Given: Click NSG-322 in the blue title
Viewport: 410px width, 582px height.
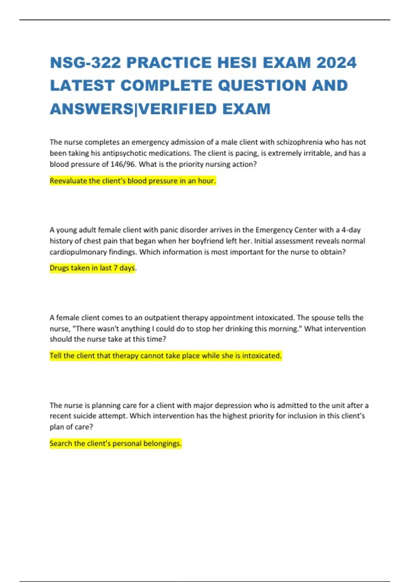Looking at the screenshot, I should pos(84,63).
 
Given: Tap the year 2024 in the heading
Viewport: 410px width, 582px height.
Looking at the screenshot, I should pos(336,63).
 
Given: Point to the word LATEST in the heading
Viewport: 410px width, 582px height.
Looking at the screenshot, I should pos(82,86).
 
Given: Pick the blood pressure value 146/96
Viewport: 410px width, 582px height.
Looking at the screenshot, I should pos(123,164).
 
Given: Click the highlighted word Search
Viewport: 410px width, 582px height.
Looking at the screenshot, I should pos(61,443).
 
